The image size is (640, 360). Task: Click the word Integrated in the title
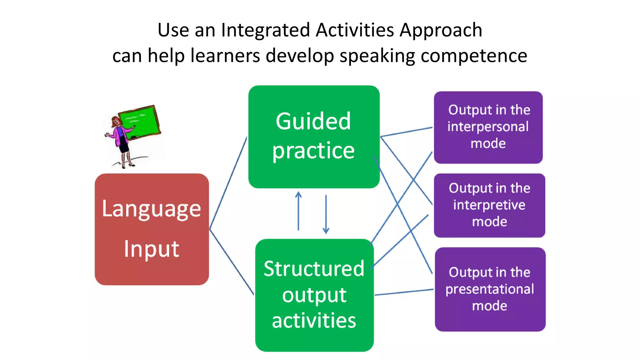pos(266,31)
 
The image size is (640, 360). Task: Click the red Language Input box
pos(152,229)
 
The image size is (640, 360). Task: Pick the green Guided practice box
pos(314,137)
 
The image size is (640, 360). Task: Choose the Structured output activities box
pos(314,295)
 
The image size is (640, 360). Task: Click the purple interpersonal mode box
pos(488,127)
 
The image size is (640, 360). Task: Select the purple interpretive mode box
pos(489,205)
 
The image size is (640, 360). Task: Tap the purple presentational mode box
pos(490,289)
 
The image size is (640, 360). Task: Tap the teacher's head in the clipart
pos(116,121)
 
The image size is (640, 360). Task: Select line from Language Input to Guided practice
pos(228,183)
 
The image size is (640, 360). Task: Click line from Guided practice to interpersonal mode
pos(406,132)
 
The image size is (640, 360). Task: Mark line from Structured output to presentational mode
pos(404,292)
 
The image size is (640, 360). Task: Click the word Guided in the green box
pos(313,121)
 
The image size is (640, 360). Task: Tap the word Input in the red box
pos(151,249)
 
